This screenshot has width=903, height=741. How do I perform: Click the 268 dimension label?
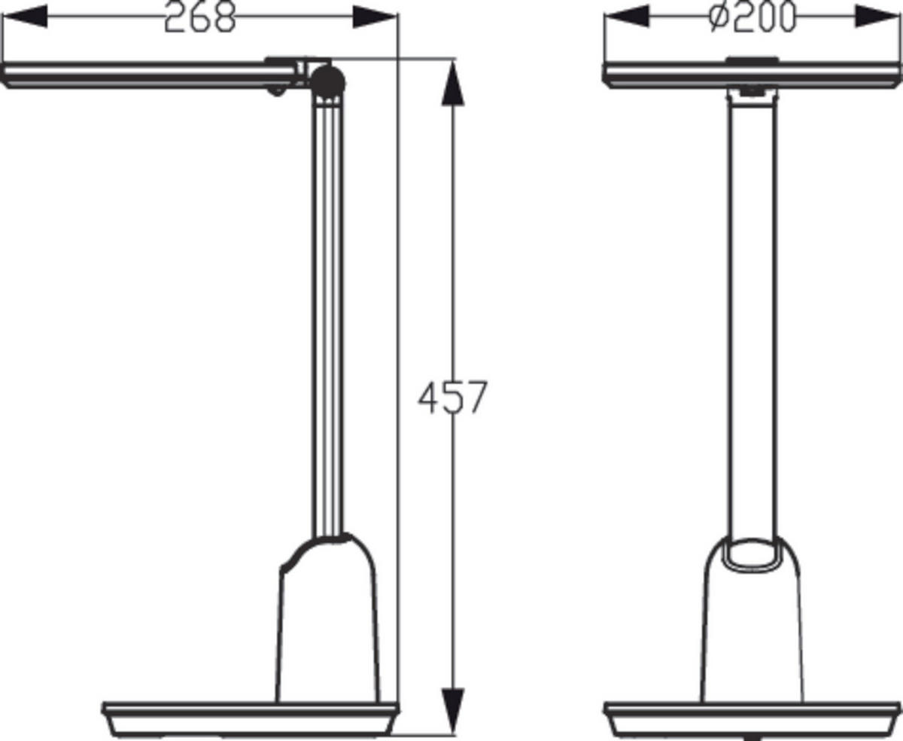tap(199, 17)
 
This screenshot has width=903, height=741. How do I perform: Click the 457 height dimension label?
tap(452, 398)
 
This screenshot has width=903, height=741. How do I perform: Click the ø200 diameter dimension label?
tap(752, 17)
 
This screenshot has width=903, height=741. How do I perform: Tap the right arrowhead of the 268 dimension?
tap(374, 17)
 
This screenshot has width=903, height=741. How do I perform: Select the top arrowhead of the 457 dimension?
tap(452, 83)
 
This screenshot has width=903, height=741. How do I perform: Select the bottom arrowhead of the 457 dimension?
tap(452, 711)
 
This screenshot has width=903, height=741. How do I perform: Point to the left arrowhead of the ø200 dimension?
tap(627, 16)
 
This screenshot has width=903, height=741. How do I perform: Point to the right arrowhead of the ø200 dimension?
tap(877, 16)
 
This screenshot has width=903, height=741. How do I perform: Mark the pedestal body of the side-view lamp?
tap(327, 625)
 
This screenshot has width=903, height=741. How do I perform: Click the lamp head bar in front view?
tap(752, 75)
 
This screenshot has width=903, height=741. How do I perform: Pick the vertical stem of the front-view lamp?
tap(752, 316)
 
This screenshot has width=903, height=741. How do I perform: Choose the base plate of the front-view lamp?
tap(752, 719)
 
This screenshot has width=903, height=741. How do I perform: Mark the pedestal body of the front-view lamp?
tap(752, 640)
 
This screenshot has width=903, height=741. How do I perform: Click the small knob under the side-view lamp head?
tap(278, 92)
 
